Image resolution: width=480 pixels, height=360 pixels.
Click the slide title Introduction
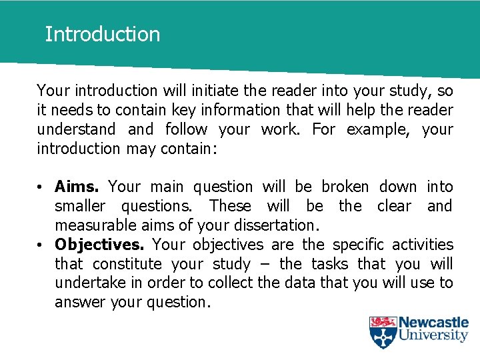point(102,34)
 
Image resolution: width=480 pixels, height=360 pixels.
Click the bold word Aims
point(78,187)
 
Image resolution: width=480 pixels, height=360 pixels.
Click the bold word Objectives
point(99,245)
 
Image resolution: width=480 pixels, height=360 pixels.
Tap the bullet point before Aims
point(41,187)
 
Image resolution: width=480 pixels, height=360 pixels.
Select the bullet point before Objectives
point(41,245)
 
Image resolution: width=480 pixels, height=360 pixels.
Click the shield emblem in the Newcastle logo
point(383,332)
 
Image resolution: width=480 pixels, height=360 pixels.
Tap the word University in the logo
point(434,335)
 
